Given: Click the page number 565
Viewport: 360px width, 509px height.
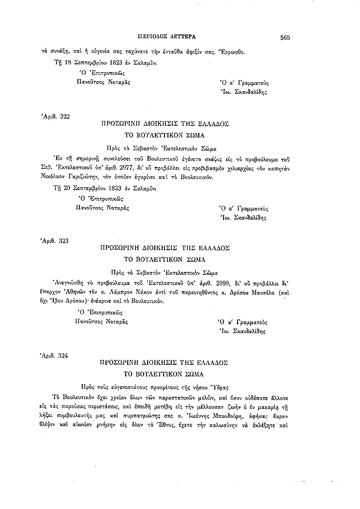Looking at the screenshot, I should click(284, 37).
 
